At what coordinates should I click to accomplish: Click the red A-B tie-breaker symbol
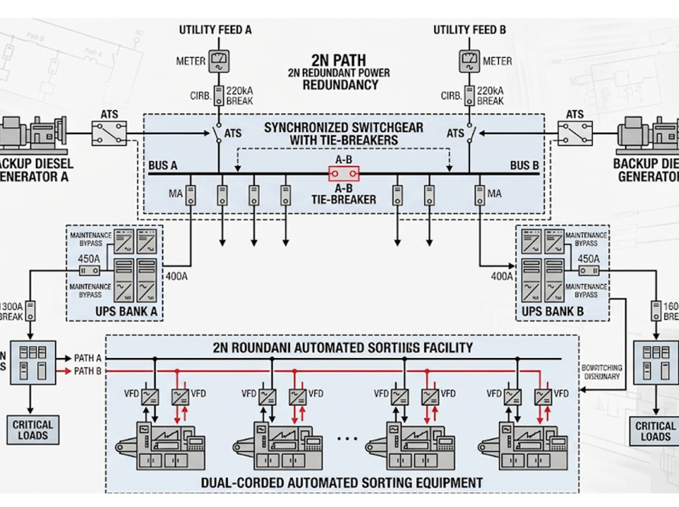[343, 174]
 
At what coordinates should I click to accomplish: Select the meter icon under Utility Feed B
[469, 61]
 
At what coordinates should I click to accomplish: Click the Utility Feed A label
[215, 30]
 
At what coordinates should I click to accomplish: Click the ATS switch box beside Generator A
[108, 134]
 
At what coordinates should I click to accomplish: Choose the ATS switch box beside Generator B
[575, 134]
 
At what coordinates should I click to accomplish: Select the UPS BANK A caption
[115, 311]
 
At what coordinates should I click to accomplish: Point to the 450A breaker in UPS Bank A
[89, 270]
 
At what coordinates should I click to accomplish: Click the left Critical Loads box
[33, 431]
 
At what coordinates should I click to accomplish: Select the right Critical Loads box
[655, 431]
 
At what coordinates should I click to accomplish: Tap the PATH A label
[88, 358]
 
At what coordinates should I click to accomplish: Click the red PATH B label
[88, 371]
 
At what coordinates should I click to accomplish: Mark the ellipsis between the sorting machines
[346, 438]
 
